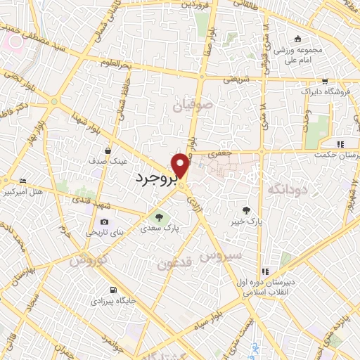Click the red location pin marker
point(181,165)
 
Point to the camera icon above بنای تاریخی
point(104,221)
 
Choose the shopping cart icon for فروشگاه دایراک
point(324,82)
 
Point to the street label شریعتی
point(236,79)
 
